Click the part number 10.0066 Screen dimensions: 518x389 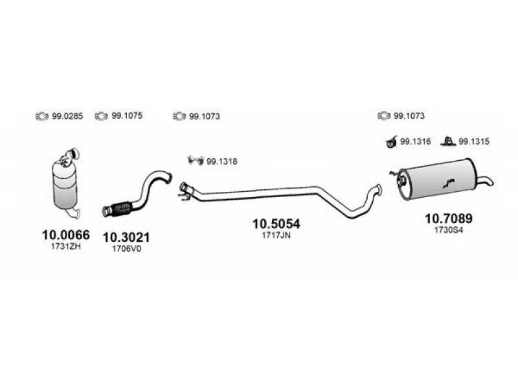[66, 235]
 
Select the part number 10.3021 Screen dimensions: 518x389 [126, 237]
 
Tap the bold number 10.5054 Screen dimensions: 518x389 [276, 224]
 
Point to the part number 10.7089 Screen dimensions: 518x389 [449, 218]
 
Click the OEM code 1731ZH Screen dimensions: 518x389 [66, 246]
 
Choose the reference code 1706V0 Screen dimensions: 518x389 [126, 249]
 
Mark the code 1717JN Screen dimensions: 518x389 [276, 235]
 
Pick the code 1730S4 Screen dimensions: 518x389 [449, 230]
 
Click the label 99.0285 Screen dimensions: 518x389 [67, 117]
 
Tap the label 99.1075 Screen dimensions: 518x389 [127, 116]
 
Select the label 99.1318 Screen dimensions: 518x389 [222, 161]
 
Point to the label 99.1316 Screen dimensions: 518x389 [415, 141]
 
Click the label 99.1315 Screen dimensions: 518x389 [474, 141]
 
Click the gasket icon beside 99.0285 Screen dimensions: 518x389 [42, 117]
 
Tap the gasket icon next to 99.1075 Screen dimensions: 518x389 [101, 116]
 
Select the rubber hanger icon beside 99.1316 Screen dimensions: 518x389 [391, 142]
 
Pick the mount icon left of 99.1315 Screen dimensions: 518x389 [448, 141]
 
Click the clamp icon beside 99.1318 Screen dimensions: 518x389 [196, 160]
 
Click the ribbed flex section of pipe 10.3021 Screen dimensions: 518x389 [122, 208]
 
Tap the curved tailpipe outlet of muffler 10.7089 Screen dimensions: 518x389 [486, 180]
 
